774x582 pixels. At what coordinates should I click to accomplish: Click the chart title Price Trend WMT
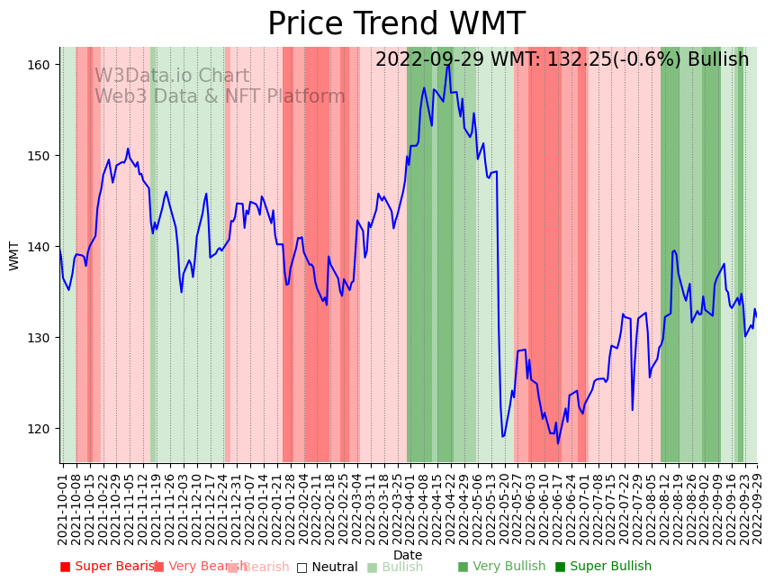click(396, 24)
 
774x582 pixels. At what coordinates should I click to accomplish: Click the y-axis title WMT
click(14, 255)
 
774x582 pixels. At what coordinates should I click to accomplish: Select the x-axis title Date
click(408, 555)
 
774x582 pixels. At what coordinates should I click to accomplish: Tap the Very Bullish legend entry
click(501, 567)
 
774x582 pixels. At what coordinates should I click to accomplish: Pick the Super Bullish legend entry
click(603, 567)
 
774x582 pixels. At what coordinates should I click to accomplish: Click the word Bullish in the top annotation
click(718, 59)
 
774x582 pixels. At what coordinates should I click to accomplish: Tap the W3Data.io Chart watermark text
click(172, 77)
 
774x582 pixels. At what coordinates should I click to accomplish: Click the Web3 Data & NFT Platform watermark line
click(220, 96)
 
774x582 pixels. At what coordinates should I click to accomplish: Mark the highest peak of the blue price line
click(447, 65)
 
